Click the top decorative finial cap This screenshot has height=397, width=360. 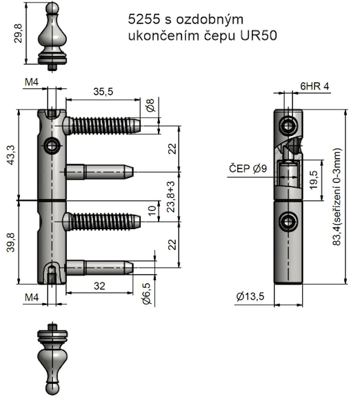coord(52,36)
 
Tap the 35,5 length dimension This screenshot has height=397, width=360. coord(103,91)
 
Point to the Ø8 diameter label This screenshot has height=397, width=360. coord(150,105)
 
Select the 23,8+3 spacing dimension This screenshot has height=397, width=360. coord(171,196)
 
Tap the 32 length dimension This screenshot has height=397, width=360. coord(99,287)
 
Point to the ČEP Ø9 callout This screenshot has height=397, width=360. coord(248,169)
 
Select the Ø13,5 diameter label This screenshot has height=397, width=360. coord(252,296)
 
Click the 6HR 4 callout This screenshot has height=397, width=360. coord(314,86)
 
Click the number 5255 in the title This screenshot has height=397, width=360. coord(141,19)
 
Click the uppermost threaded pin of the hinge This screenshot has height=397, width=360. coord(102,125)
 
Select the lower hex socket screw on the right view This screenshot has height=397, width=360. coord(288,222)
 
